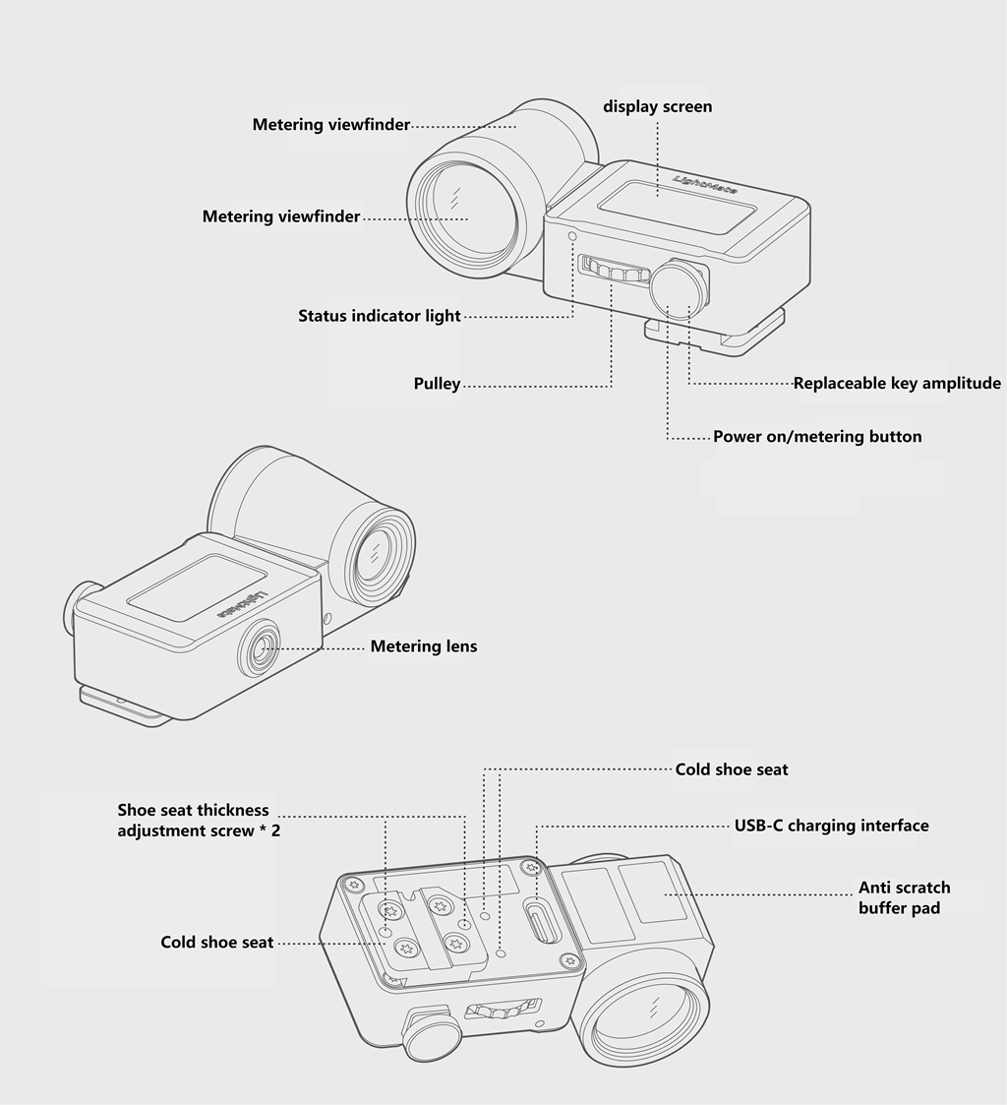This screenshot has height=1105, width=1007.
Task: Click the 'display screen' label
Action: [657, 106]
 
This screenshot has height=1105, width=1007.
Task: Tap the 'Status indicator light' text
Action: [379, 316]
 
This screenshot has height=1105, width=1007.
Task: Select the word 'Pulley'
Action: [437, 384]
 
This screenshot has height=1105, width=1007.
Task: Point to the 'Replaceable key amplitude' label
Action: [897, 384]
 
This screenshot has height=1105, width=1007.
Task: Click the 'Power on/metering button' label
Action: [817, 436]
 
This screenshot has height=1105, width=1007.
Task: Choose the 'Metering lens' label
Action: [424, 646]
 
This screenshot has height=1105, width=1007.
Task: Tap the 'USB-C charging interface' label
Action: [832, 826]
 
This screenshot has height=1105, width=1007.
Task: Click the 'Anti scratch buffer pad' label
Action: [904, 897]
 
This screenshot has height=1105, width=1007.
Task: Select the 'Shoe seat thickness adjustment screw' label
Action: [199, 821]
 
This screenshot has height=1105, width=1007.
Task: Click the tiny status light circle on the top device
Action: [571, 235]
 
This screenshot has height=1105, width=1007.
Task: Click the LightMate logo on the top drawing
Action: [706, 185]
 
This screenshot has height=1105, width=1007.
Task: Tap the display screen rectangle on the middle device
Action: [197, 587]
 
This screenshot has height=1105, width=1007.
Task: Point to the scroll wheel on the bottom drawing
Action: [503, 1011]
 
